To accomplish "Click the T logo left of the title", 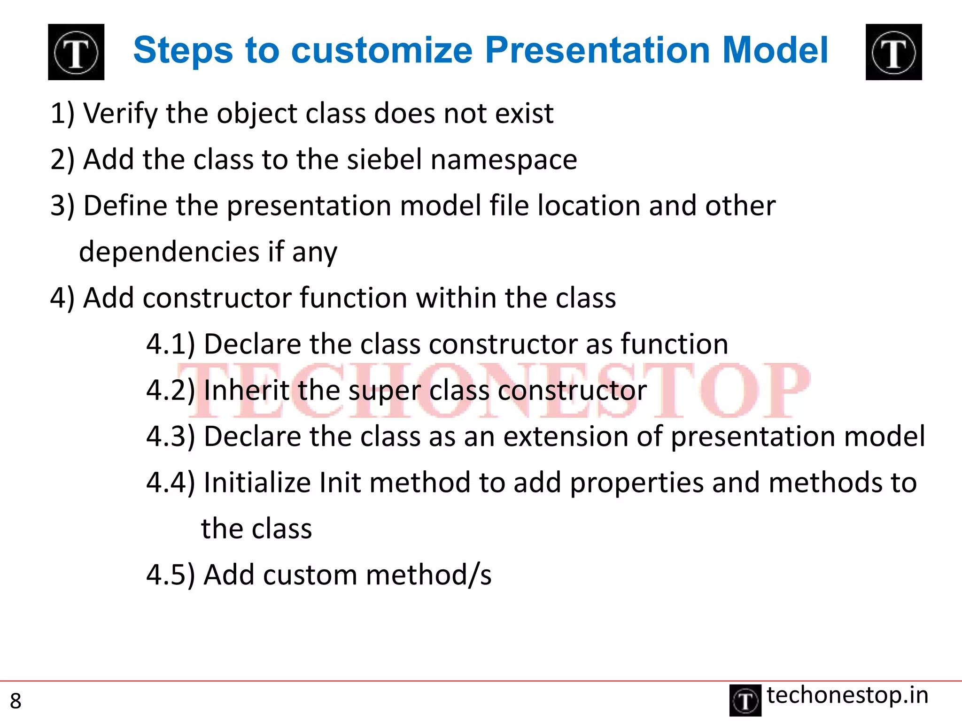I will (x=76, y=52).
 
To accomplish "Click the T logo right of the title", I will (x=893, y=52).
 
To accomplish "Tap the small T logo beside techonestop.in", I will (x=745, y=700).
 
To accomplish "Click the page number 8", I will (x=16, y=701).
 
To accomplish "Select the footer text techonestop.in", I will (x=847, y=695).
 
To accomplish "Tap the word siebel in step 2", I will (x=384, y=159).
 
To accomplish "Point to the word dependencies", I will (x=169, y=252).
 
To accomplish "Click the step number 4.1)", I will (x=170, y=344).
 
